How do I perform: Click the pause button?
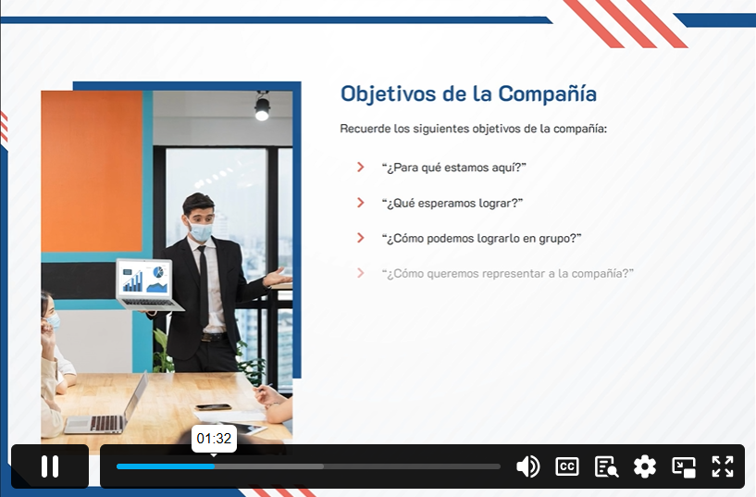50,466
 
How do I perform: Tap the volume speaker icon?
528,466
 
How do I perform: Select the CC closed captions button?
567,466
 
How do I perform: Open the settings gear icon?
645,466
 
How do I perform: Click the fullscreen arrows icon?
723,466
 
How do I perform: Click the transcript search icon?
606,466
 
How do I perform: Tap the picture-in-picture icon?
684,466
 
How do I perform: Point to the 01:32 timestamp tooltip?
214,439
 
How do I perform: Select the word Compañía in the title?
547,93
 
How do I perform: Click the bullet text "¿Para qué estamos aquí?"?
453,168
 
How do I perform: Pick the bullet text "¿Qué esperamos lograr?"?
452,203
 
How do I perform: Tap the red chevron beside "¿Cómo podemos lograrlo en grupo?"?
360,238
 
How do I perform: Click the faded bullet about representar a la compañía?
507,273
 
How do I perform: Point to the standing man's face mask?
201,231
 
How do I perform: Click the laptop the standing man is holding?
148,285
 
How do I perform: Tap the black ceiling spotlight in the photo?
262,106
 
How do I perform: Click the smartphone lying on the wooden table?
214,407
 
